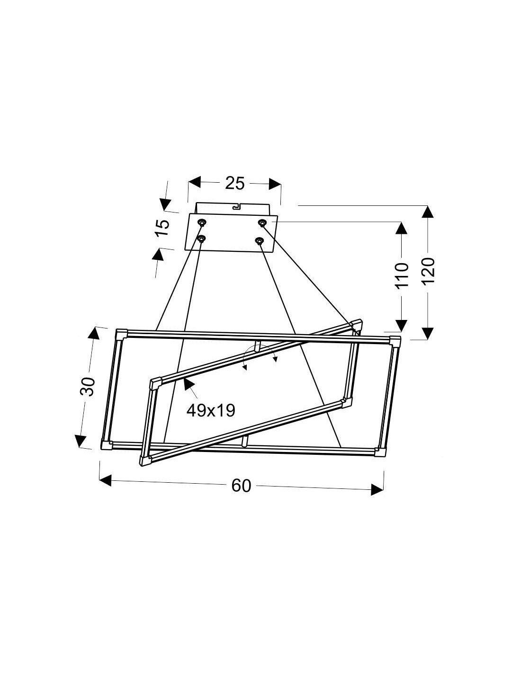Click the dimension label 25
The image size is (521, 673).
click(x=234, y=183)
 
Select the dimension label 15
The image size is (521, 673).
click(x=162, y=230)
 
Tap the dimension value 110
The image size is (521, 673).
click(x=401, y=275)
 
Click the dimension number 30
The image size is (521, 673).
click(x=88, y=387)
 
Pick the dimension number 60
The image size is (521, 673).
click(x=241, y=486)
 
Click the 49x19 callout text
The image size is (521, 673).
click(x=211, y=410)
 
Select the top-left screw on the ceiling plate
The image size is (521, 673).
click(x=202, y=222)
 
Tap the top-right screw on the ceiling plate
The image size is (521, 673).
click(x=261, y=222)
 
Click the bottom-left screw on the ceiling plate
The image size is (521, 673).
click(x=201, y=239)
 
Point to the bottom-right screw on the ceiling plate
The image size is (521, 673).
click(x=259, y=241)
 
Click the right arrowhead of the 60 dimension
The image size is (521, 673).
click(x=377, y=490)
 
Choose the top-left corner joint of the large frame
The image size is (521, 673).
click(x=121, y=333)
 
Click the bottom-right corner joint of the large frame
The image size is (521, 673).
click(x=380, y=452)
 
